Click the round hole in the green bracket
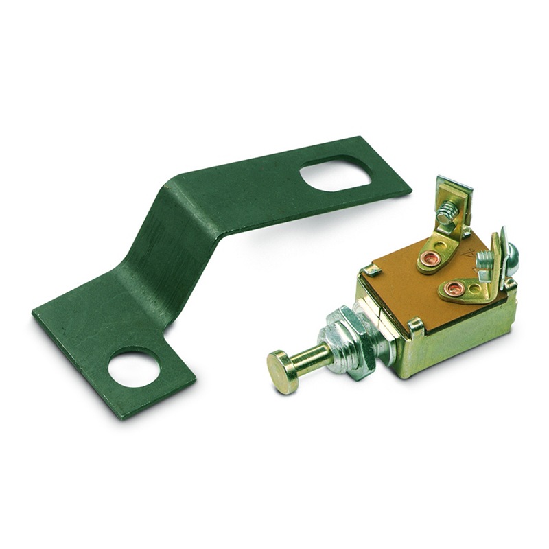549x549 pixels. click(x=134, y=368)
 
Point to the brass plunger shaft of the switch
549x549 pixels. click(x=312, y=358)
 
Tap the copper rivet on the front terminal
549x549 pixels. click(x=455, y=288)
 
